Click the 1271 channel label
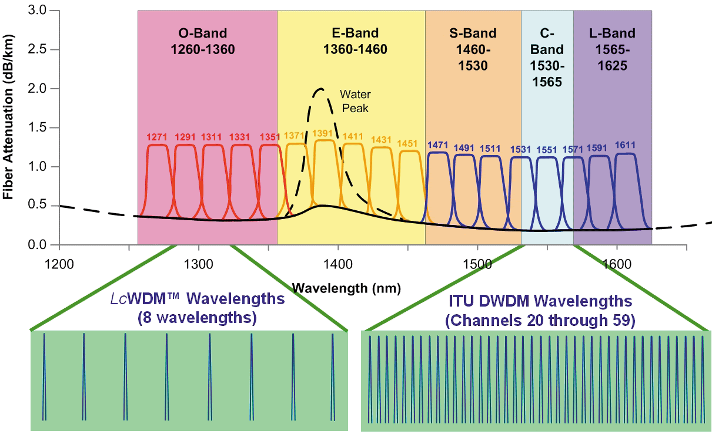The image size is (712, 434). [156, 137]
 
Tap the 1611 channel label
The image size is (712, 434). [625, 145]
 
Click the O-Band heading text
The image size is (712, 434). [202, 33]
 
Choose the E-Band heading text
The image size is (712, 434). [351, 33]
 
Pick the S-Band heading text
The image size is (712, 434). [473, 33]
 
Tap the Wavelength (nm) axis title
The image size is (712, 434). [346, 288]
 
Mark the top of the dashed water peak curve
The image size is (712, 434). [320, 89]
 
